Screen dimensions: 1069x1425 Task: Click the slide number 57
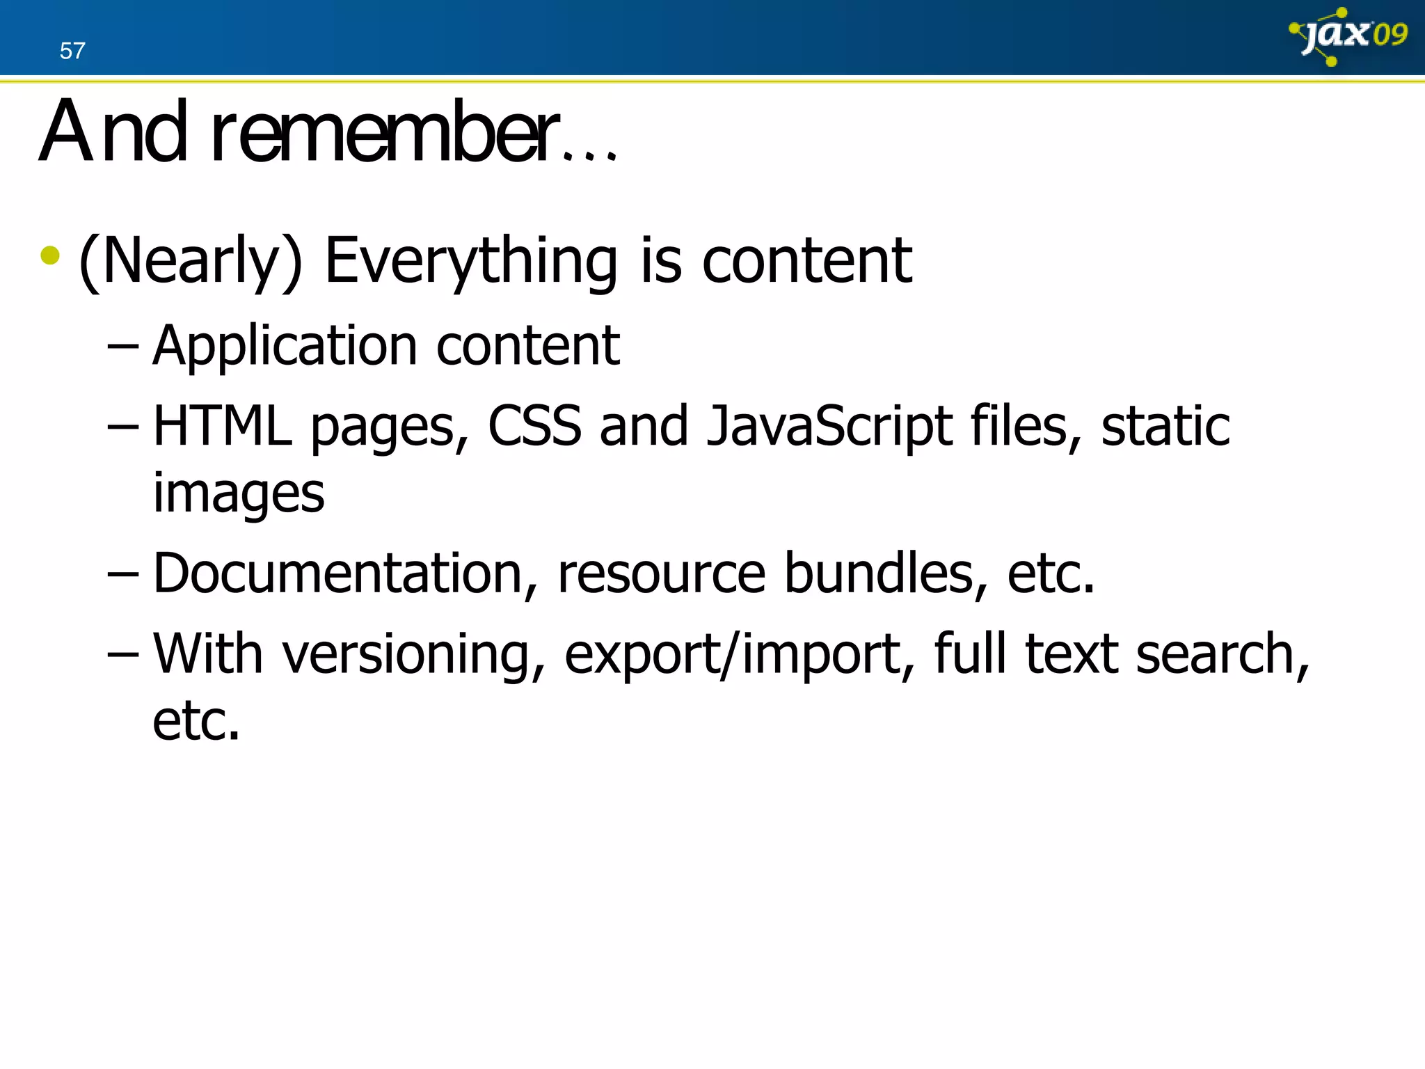pos(72,51)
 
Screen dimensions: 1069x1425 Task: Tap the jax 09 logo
pos(1347,35)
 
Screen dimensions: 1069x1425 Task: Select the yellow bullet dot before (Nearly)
pos(50,255)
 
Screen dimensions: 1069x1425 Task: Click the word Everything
pos(470,261)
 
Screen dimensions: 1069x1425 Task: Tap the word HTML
pos(222,425)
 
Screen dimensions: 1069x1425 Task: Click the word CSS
pos(534,425)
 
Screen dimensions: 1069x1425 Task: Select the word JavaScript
pos(829,427)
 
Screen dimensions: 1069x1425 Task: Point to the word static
pos(1165,425)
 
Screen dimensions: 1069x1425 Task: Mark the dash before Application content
pos(122,346)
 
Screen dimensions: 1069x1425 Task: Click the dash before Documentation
pos(122,573)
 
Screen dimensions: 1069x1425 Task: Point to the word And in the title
pos(113,132)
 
